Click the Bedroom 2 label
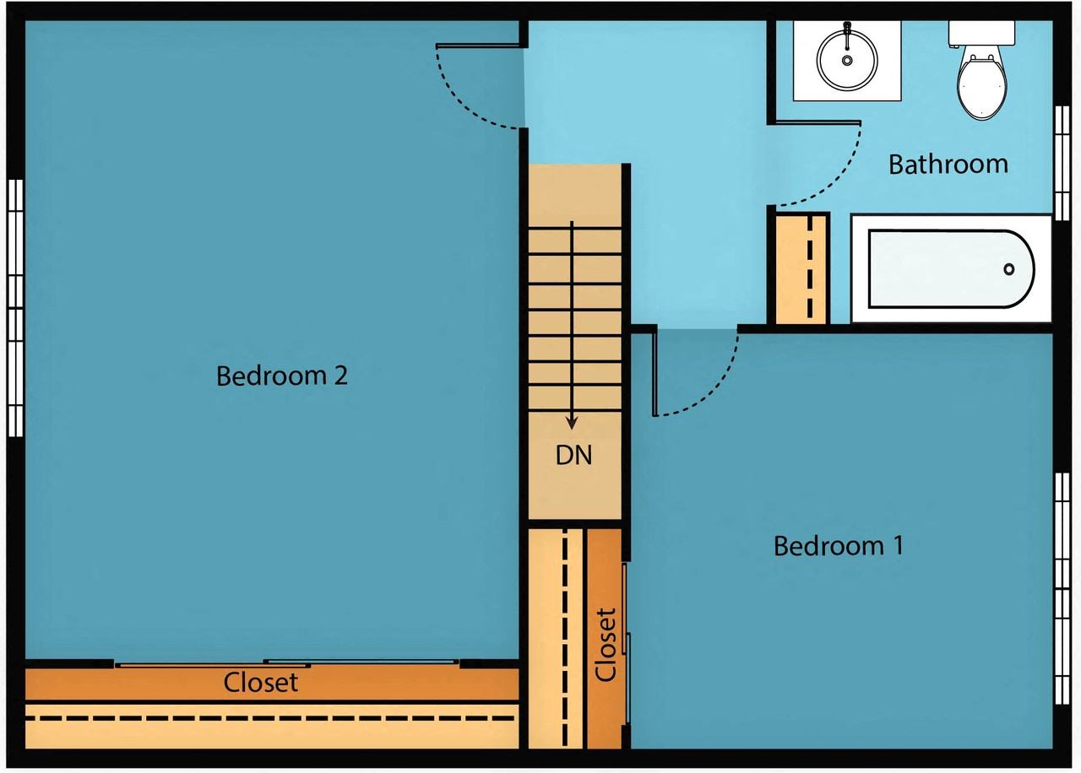click(x=282, y=376)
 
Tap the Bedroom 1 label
click(x=839, y=546)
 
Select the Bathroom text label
click(x=948, y=164)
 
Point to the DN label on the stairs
click(x=573, y=455)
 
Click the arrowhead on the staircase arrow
click(x=572, y=424)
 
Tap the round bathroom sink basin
click(x=847, y=60)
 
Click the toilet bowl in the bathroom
click(x=981, y=85)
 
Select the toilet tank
click(x=981, y=33)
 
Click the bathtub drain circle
click(x=1009, y=269)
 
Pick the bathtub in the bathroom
click(x=951, y=268)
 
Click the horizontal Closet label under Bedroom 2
click(x=261, y=683)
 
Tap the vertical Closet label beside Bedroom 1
click(x=606, y=645)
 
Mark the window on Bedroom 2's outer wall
click(x=15, y=308)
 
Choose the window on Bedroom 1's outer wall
click(x=1062, y=589)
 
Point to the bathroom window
click(x=1062, y=163)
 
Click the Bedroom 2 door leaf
click(x=478, y=46)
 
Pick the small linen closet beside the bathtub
click(x=801, y=268)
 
